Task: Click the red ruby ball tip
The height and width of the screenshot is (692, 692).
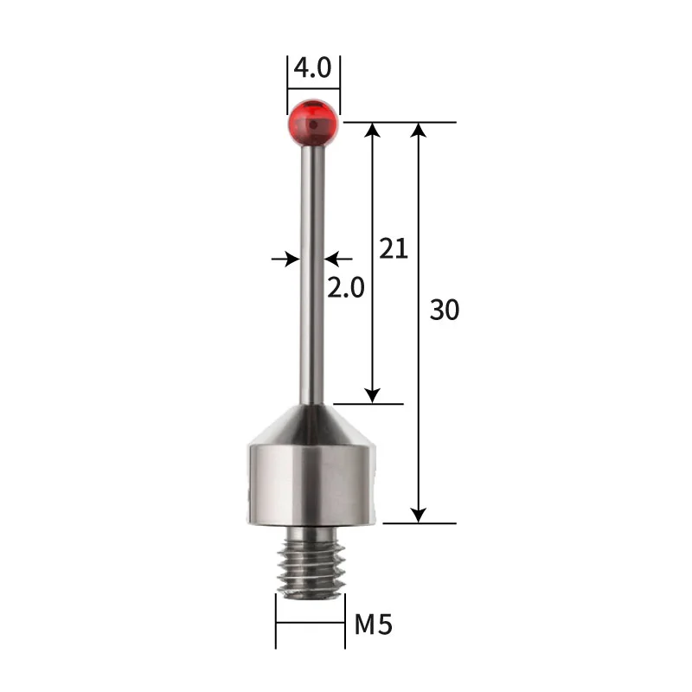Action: coord(313,122)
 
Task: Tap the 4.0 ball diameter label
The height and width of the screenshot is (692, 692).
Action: coord(312,68)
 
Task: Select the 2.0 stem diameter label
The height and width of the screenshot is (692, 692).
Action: coord(346,287)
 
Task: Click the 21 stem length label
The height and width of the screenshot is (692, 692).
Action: coord(392,248)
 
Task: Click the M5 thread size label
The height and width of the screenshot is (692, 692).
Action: coord(373,624)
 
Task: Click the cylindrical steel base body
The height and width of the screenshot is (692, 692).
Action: coord(312,484)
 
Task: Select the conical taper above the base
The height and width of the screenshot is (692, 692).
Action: coord(312,426)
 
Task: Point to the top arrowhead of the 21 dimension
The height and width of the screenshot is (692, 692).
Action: coord(372,131)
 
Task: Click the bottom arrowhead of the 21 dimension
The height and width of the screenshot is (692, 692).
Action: coord(372,394)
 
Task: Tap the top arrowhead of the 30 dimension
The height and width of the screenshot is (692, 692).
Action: coord(419,131)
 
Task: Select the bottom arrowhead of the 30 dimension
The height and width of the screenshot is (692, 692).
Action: coord(419,515)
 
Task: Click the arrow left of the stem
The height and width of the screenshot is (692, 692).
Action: coord(285,258)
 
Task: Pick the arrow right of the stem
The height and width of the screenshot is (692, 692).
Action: coord(339,258)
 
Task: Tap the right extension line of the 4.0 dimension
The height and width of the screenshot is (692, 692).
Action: coord(340,86)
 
